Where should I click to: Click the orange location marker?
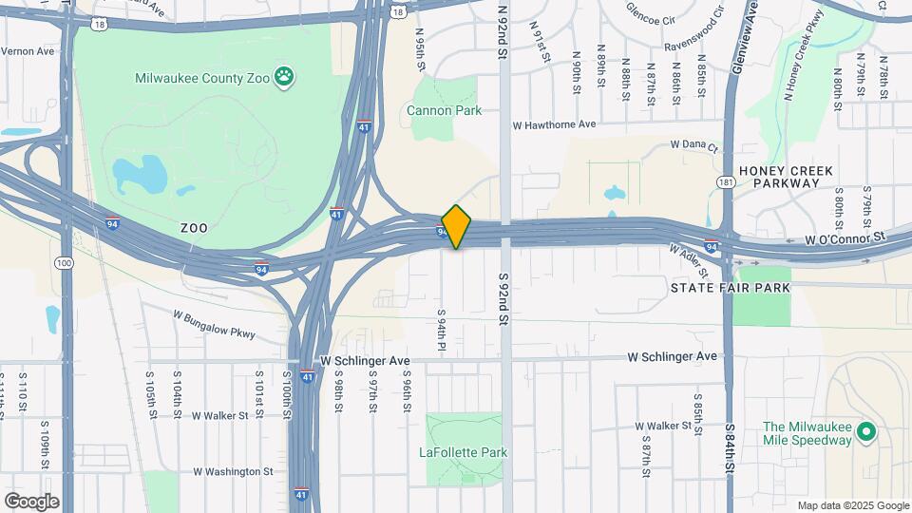coord(456,226)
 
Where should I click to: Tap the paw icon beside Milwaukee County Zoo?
coord(283,76)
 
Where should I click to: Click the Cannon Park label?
coord(444,110)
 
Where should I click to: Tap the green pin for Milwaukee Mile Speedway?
coord(865,432)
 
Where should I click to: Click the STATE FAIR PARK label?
coord(731,287)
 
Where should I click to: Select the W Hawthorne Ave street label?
coord(553,124)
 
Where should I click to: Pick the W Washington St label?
coord(233,471)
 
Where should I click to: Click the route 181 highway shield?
coord(727,181)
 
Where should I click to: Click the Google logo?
coord(31,502)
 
